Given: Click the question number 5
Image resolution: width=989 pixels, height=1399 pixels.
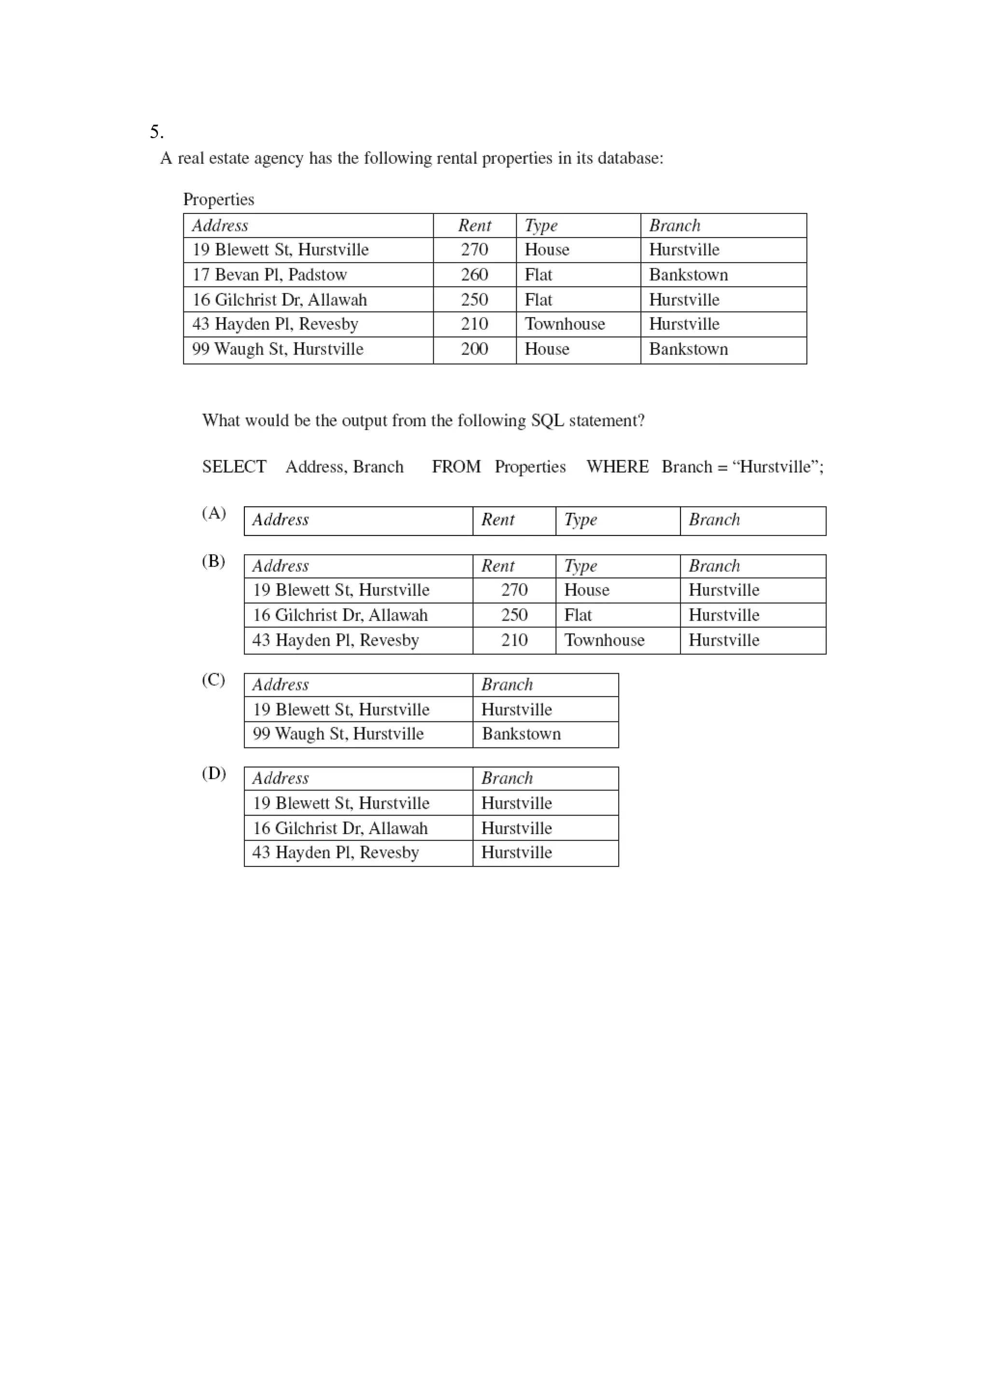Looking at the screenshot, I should click(156, 132).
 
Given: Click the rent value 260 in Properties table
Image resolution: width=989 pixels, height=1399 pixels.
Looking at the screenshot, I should click(474, 275).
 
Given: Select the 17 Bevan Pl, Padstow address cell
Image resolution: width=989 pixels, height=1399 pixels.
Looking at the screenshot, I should click(269, 275).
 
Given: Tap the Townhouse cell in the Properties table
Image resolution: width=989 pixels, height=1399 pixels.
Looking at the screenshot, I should click(565, 324).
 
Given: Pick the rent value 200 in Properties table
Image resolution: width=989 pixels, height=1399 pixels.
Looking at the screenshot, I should click(474, 349).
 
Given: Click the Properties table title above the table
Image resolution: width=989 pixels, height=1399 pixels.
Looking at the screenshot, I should click(218, 199).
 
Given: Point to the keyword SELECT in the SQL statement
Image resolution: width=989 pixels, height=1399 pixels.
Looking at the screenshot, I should click(234, 467).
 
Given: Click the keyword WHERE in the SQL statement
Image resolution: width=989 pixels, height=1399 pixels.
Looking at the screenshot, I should click(617, 467).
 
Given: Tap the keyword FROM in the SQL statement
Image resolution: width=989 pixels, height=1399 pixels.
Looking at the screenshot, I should click(456, 467).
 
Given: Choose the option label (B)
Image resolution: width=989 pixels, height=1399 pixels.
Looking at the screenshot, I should click(214, 561).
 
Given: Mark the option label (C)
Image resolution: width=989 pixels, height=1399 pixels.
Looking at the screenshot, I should click(214, 680).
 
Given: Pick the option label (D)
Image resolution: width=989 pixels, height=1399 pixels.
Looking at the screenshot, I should click(214, 773).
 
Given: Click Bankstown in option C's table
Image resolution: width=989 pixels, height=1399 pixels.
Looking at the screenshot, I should click(521, 734).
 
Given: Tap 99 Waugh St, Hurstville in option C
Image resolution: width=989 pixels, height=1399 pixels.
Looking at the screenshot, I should click(338, 734).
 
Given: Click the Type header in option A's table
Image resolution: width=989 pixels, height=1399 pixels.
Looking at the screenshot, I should click(580, 520).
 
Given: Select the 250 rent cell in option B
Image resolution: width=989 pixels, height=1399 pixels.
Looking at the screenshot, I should click(514, 615).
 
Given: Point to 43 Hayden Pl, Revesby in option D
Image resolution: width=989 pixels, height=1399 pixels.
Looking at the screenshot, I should click(336, 852).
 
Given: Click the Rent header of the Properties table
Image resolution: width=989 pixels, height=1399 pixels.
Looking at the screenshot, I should click(474, 226).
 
